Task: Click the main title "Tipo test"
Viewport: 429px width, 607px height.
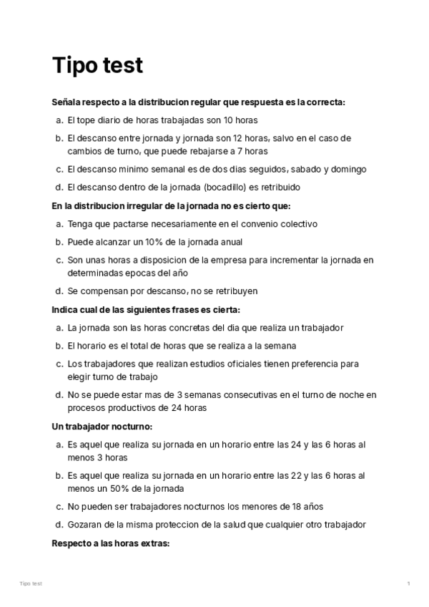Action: [97, 66]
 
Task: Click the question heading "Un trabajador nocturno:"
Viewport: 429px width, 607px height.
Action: [102, 427]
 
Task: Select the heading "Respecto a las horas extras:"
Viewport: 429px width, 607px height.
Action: [110, 543]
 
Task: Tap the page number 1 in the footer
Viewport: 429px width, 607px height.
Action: [408, 584]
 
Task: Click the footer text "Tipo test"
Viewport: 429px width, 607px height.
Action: [31, 584]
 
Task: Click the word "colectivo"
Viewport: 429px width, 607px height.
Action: [295, 224]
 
